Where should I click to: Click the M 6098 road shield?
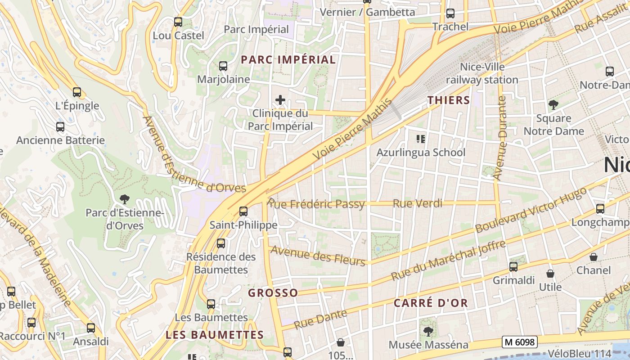point(520,342)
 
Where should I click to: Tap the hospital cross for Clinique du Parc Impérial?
point(280,99)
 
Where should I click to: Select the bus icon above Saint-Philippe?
point(243,211)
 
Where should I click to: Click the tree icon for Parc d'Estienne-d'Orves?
point(124,198)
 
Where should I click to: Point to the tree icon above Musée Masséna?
point(428,332)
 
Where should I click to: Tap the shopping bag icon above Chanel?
point(594,257)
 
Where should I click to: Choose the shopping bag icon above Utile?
point(550,274)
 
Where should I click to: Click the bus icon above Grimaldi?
point(513,267)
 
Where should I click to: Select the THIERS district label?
point(448,100)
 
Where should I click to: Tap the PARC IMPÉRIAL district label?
point(288,59)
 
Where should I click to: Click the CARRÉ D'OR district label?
point(431,303)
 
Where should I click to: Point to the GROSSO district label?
point(273,293)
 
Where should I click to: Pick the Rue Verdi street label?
point(418,203)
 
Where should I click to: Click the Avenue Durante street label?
point(500,138)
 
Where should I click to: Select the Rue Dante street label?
point(320,319)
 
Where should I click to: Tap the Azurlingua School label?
point(421,152)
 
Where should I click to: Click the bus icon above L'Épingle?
point(77,92)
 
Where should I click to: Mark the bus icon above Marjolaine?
point(223,66)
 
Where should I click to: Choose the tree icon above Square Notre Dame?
point(553,105)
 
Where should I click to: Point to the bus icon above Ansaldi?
point(91,328)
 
